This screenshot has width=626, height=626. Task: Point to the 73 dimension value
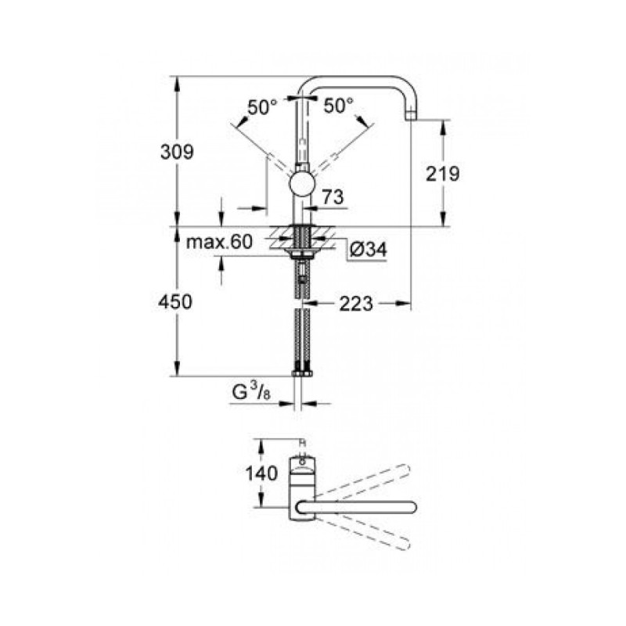click(333, 199)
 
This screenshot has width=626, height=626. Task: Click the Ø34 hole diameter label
click(367, 249)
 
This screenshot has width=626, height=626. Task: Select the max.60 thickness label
click(219, 243)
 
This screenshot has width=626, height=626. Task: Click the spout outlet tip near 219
click(412, 115)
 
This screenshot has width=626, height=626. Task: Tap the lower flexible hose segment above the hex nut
click(301, 336)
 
